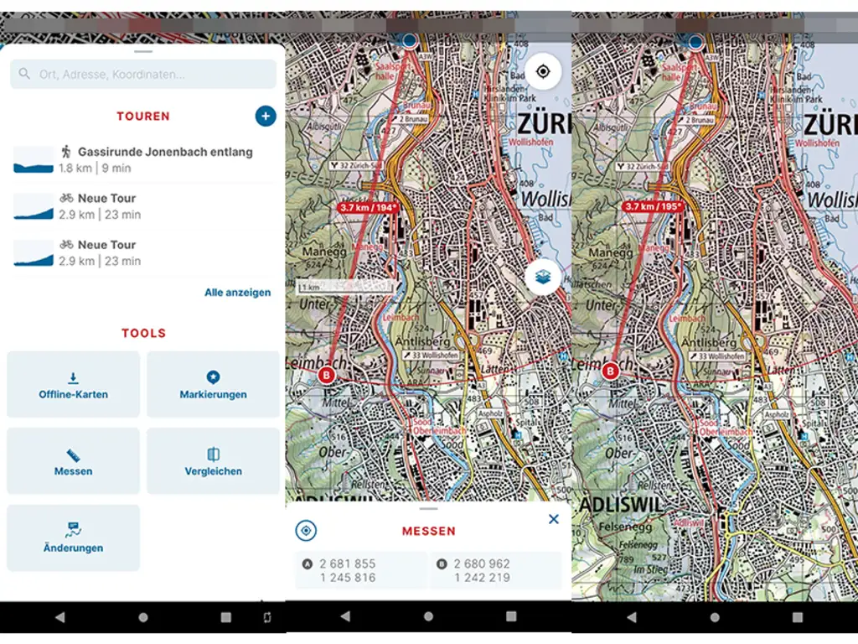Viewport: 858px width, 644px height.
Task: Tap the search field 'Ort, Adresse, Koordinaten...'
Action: pos(143,75)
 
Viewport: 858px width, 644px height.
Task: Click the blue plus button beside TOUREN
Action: pos(266,117)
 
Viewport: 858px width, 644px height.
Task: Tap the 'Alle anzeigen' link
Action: pos(237,293)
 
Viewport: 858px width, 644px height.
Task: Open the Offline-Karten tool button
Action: pos(74,385)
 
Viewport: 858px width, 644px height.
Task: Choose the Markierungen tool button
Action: pos(213,385)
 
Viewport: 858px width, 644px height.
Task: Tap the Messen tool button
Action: pos(74,462)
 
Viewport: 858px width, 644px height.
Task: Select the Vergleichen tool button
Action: pos(213,462)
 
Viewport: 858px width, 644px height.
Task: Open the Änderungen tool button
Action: pos(74,538)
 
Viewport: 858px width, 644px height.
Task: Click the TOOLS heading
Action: pos(143,333)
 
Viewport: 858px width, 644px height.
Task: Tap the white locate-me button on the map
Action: pos(543,72)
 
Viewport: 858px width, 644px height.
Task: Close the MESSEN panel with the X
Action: pos(553,520)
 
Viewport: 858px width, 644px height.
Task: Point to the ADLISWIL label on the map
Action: pos(604,508)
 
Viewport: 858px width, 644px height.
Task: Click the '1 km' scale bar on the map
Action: pos(344,288)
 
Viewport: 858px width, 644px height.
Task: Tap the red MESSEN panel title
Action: pos(428,531)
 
